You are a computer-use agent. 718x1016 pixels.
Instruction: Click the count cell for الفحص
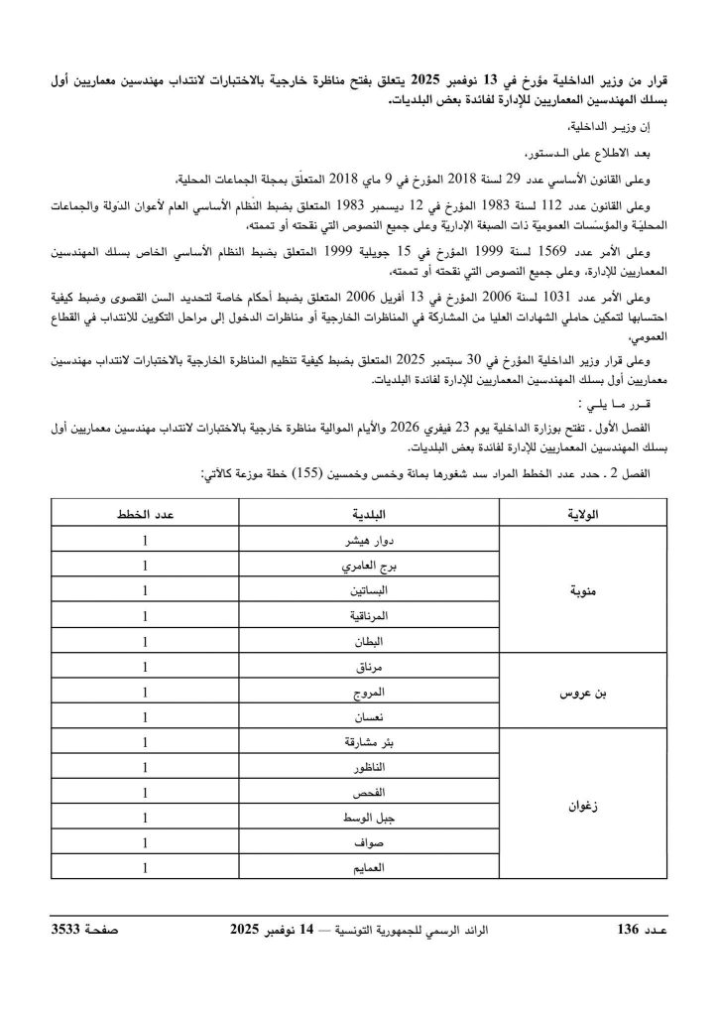pos(145,793)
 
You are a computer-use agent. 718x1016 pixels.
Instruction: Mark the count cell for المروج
pos(145,692)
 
